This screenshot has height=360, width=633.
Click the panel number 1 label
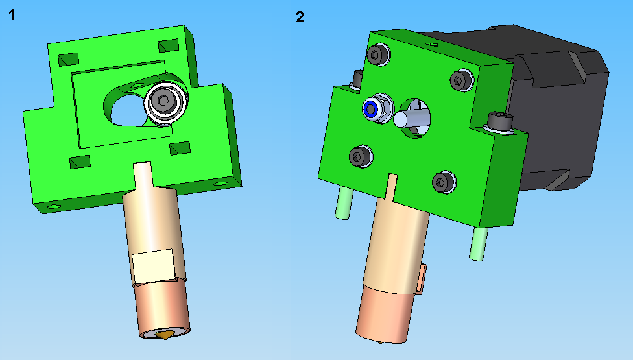[x=12, y=16]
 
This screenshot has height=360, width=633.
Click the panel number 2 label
[x=300, y=17]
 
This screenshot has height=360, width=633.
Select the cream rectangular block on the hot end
[x=154, y=267]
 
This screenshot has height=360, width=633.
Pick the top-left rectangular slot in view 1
[x=69, y=59]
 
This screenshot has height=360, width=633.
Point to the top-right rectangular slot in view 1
[x=169, y=45]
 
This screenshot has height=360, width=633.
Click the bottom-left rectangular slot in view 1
[x=80, y=162]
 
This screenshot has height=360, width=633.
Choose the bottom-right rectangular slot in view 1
[x=180, y=148]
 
